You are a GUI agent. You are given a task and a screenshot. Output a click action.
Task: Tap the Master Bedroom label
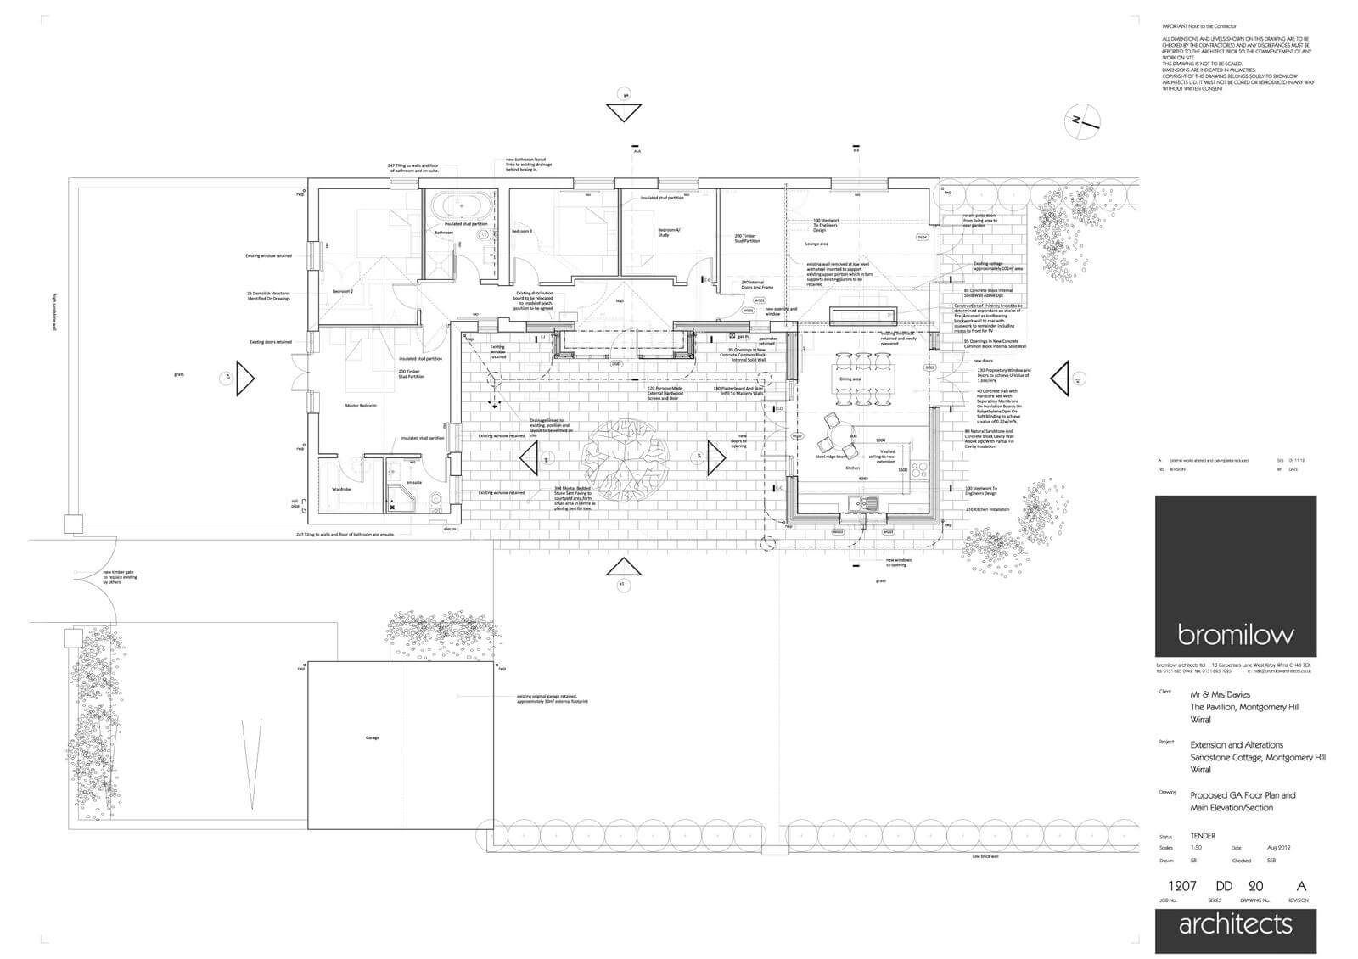360,406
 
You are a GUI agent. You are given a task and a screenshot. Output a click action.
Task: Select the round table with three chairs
834,435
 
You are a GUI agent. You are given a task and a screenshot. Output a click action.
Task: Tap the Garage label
372,738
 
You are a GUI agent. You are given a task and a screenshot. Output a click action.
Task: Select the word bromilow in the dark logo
1235,634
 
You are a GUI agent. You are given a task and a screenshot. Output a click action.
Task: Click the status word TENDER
1203,836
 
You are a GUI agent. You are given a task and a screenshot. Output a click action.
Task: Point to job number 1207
1181,886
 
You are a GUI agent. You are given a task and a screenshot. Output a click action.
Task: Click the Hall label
620,300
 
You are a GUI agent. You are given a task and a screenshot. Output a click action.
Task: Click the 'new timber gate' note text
120,578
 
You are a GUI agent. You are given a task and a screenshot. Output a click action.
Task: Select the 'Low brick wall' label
985,857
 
